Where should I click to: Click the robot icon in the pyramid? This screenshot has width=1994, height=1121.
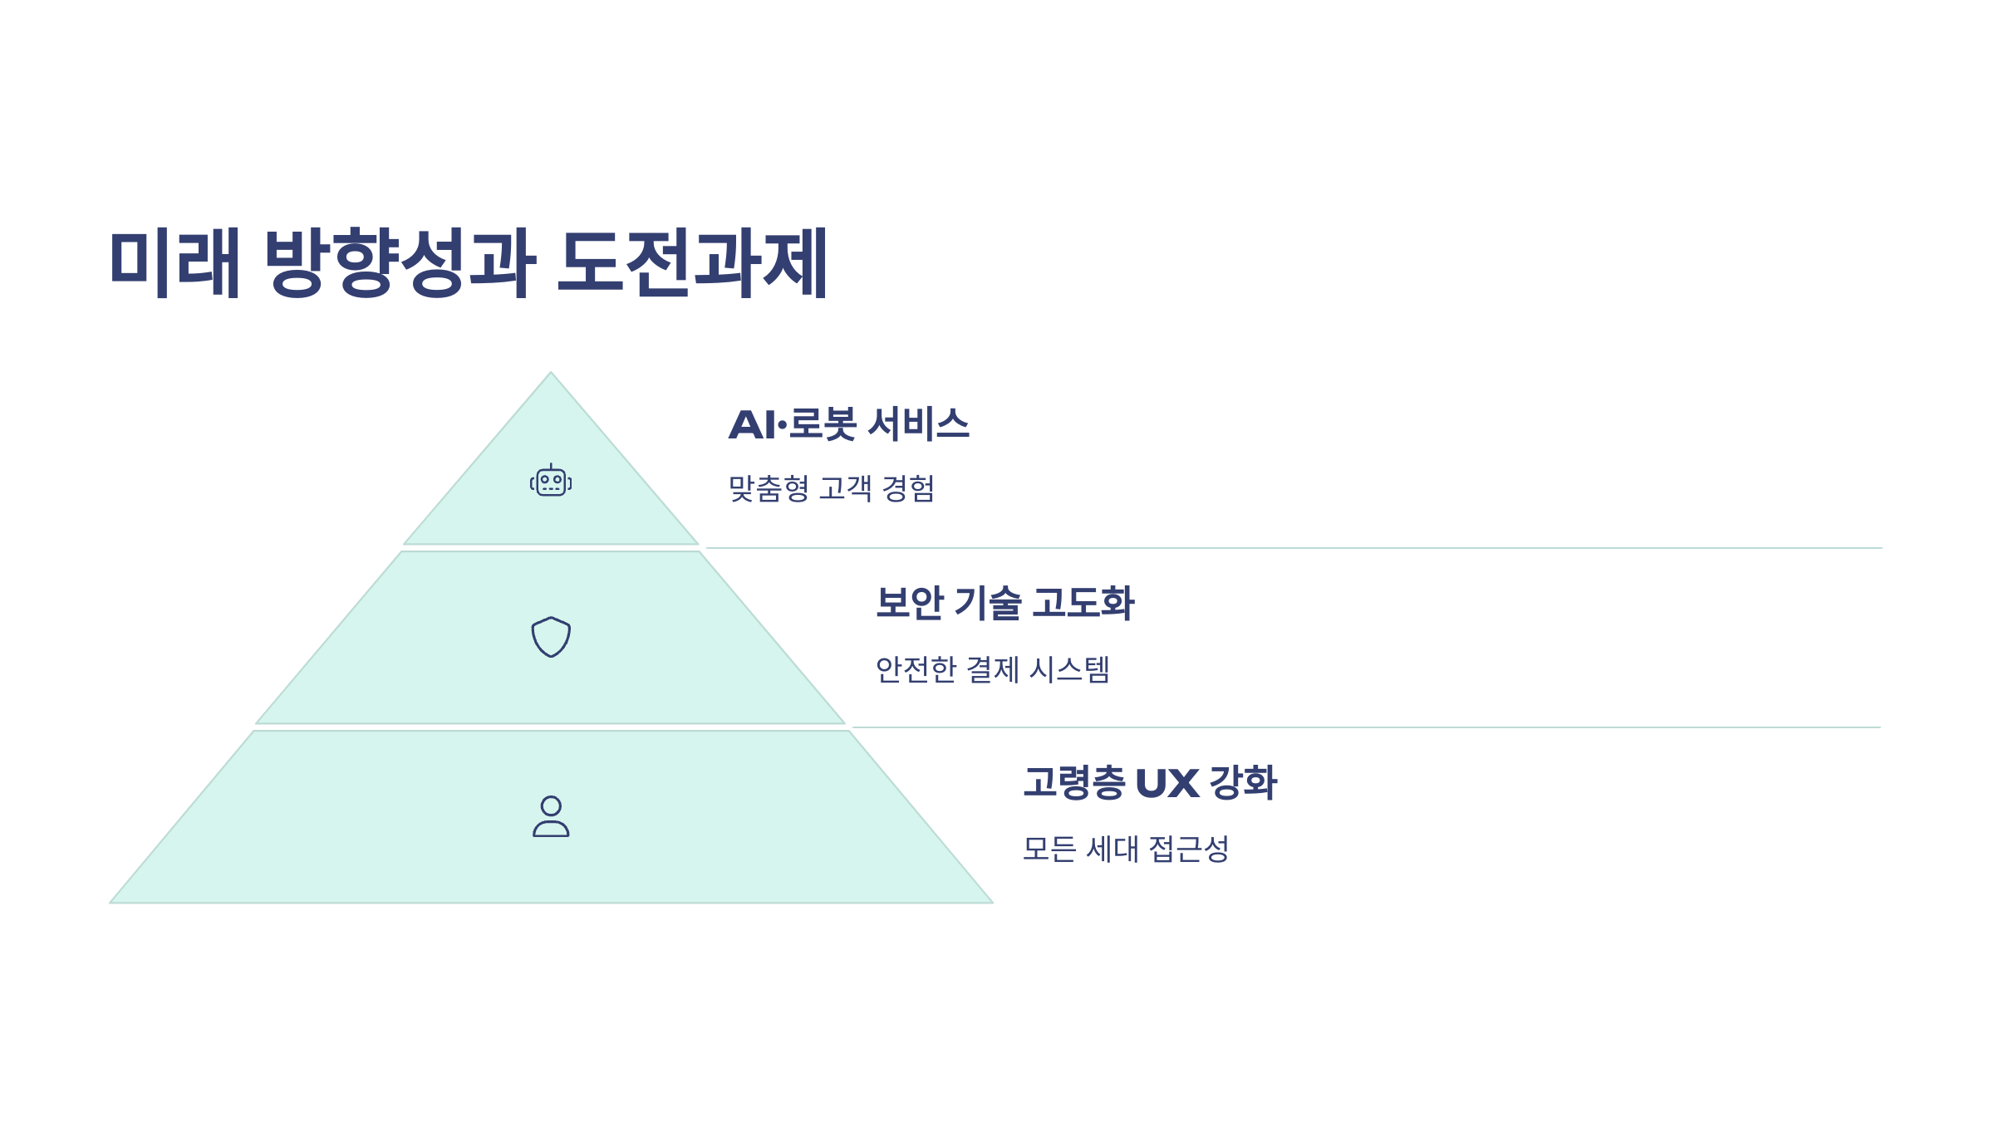point(551,481)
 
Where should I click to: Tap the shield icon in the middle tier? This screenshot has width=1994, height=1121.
point(551,637)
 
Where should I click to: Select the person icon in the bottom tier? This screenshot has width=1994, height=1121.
point(551,816)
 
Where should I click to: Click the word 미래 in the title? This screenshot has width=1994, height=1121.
point(175,262)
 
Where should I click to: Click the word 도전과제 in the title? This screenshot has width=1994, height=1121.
point(693,262)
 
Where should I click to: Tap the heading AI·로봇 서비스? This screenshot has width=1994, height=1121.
point(848,424)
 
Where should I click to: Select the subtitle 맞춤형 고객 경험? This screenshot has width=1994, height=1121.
point(831,488)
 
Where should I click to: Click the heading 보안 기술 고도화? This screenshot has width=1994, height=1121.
point(1004,603)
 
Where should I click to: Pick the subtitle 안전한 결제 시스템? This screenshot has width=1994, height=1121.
point(992,669)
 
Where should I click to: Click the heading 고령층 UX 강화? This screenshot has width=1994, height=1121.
point(1150,783)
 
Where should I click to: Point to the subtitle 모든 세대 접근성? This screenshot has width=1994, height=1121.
point(1125,849)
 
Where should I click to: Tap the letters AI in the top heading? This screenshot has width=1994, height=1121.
point(751,425)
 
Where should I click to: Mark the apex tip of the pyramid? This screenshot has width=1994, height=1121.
point(550,374)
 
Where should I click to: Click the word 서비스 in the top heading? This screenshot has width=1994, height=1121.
point(918,424)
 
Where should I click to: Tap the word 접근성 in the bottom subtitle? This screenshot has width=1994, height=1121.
point(1188,849)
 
